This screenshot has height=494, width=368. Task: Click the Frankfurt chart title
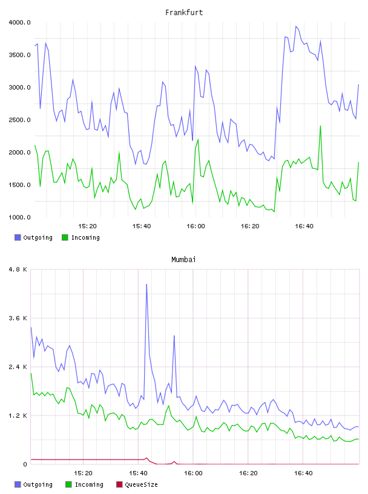click(184, 12)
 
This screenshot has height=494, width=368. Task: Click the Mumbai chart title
click(183, 259)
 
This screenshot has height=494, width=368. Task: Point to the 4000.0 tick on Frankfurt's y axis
click(19, 22)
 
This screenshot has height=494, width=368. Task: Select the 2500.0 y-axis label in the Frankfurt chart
click(19, 120)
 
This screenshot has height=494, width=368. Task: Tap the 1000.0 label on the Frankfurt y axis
click(19, 217)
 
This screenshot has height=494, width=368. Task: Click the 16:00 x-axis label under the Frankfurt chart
click(195, 226)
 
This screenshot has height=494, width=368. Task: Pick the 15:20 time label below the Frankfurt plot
click(87, 226)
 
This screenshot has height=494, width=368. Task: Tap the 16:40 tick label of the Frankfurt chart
click(304, 226)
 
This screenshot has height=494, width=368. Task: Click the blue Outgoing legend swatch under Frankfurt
click(18, 237)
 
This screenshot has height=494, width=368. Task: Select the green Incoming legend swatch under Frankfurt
click(65, 237)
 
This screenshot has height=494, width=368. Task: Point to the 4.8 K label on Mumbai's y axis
click(18, 269)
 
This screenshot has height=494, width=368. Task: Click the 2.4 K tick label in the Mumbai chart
click(18, 367)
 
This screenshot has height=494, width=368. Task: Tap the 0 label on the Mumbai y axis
click(25, 464)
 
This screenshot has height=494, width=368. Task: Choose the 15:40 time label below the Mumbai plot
click(138, 473)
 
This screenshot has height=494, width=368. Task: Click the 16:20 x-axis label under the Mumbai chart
click(248, 473)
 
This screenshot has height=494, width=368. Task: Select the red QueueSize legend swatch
click(119, 484)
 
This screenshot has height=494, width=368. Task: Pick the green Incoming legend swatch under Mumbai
click(68, 484)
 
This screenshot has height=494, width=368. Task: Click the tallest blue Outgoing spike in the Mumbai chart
click(146, 285)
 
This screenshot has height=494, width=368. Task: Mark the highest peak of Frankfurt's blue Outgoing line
click(296, 27)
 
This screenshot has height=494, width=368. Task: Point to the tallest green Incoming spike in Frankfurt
click(320, 126)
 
